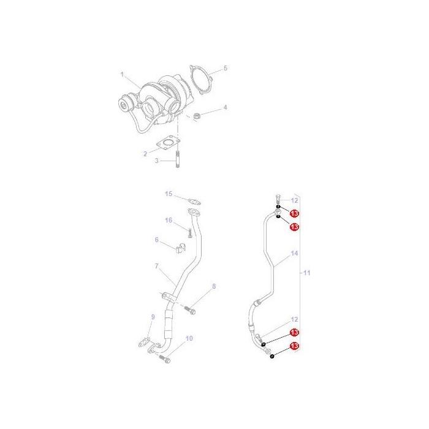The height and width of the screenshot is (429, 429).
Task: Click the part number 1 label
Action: [x=123, y=74]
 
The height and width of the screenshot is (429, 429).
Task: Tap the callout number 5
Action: [x=226, y=68]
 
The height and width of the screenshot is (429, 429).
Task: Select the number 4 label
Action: [x=225, y=107]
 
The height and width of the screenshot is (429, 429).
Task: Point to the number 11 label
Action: [x=307, y=273]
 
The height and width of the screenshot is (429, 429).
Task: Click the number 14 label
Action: [x=294, y=253]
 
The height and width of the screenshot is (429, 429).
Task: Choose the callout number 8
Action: [x=214, y=286]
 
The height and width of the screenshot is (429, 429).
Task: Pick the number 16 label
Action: [x=169, y=220]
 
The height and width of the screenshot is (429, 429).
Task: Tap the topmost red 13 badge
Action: [x=294, y=213]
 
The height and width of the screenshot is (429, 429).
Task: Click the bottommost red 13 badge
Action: [x=294, y=346]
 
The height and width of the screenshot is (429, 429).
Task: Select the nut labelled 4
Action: [x=196, y=116]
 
